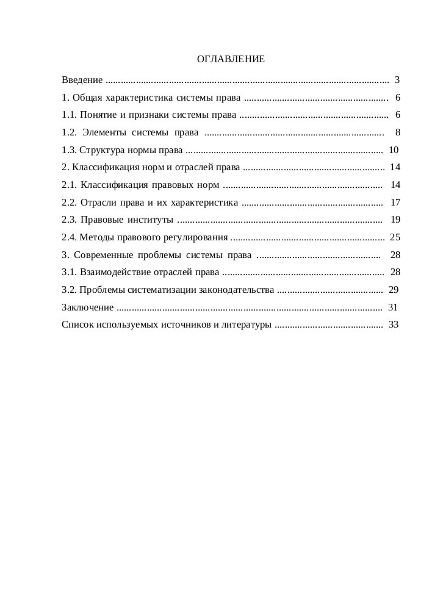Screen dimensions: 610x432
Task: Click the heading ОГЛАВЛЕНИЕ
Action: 231,60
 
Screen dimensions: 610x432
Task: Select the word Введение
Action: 82,80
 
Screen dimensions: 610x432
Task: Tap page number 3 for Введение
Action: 397,80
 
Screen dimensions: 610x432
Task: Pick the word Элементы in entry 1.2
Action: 104,132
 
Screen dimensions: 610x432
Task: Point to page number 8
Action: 397,132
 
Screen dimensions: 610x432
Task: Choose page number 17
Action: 395,203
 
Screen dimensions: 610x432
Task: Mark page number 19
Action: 395,220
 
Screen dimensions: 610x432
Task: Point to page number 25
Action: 394,237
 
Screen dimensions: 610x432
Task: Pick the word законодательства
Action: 237,290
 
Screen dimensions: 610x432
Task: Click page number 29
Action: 393,290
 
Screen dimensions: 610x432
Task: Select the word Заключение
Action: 88,307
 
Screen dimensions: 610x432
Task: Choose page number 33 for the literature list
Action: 393,325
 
